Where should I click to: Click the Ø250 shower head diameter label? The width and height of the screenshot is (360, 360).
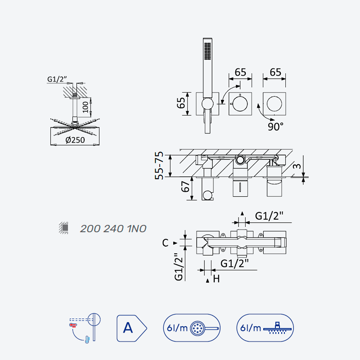click(x=75, y=140)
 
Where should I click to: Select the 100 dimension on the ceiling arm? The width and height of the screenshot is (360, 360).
click(x=85, y=107)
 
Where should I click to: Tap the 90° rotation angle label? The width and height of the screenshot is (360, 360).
click(x=275, y=126)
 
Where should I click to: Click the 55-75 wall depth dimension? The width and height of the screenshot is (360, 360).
click(x=159, y=165)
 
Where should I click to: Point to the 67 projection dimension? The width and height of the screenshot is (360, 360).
click(x=185, y=186)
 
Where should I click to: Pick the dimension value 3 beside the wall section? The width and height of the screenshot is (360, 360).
click(x=297, y=166)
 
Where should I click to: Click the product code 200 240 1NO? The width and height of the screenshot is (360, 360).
click(x=113, y=229)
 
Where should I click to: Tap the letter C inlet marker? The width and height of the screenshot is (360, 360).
click(x=165, y=243)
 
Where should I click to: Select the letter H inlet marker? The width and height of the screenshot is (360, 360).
click(x=216, y=279)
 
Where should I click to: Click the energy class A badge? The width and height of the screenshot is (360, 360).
click(x=131, y=328)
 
